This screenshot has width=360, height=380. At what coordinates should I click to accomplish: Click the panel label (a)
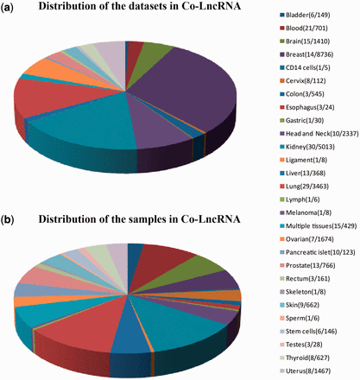(x=14, y=17)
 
